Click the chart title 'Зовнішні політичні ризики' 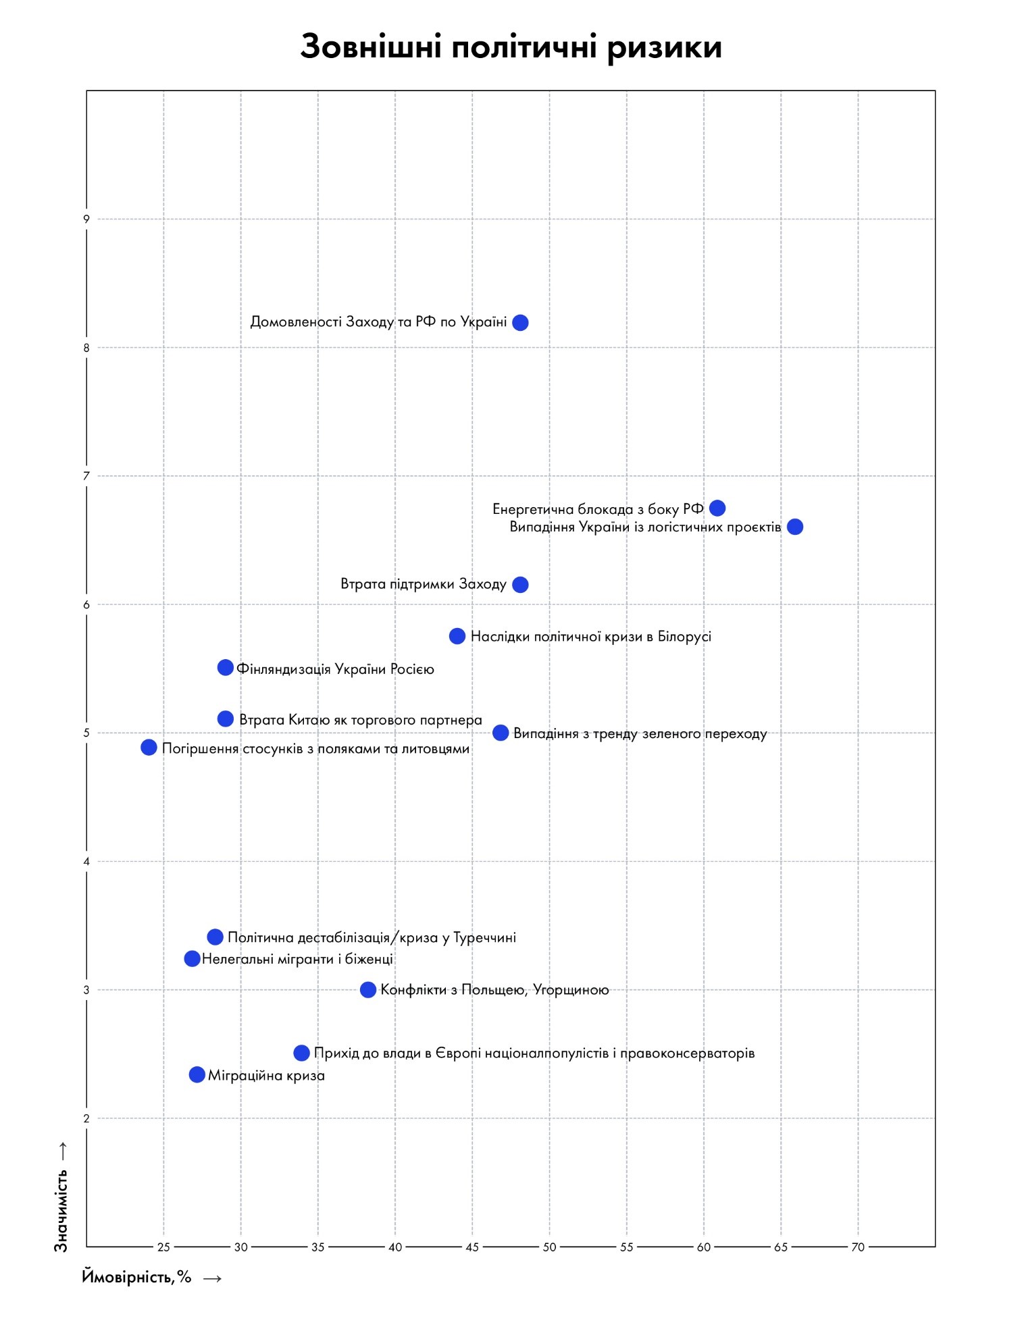point(511,47)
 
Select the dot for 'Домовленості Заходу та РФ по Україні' point(520,323)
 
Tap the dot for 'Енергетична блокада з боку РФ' point(717,508)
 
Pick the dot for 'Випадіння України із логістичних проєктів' point(795,527)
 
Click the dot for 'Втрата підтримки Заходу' point(520,585)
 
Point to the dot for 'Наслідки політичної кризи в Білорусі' point(457,636)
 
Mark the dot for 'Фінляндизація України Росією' point(226,668)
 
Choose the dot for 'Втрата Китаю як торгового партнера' point(226,719)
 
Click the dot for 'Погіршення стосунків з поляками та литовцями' point(149,748)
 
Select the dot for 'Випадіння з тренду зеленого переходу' point(501,733)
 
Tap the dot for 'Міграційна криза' point(197,1074)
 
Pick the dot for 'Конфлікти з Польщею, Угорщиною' point(368,990)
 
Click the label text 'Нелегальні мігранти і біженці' point(297,959)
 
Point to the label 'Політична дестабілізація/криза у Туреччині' point(372,937)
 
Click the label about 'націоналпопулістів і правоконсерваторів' point(534,1053)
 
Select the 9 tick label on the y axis point(86,219)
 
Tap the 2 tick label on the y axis point(86,1118)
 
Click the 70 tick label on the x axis point(858,1247)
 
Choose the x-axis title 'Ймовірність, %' point(137,1277)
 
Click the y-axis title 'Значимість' point(61,1211)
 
